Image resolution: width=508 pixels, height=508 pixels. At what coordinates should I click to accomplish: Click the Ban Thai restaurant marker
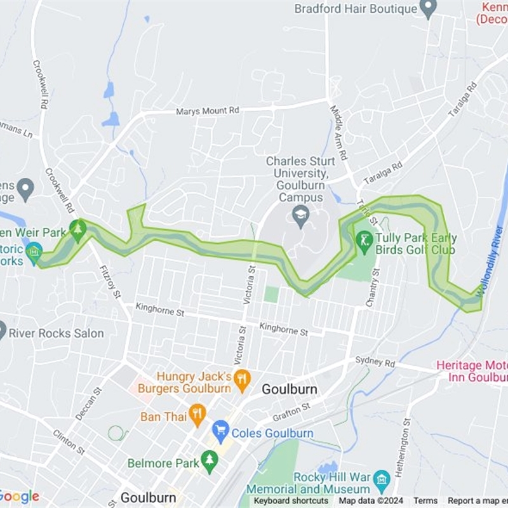tap(197, 416)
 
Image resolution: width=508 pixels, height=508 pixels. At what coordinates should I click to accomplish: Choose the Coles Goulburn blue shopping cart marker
tap(220, 433)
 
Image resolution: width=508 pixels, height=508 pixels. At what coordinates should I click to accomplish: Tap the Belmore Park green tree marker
tap(209, 462)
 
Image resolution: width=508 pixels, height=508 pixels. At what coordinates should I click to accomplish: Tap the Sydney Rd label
tap(375, 362)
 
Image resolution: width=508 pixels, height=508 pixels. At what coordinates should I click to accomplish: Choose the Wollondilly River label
tap(491, 265)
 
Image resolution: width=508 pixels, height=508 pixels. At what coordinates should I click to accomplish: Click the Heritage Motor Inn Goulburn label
tap(472, 371)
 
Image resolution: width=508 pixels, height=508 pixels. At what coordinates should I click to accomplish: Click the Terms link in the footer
tap(425, 501)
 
